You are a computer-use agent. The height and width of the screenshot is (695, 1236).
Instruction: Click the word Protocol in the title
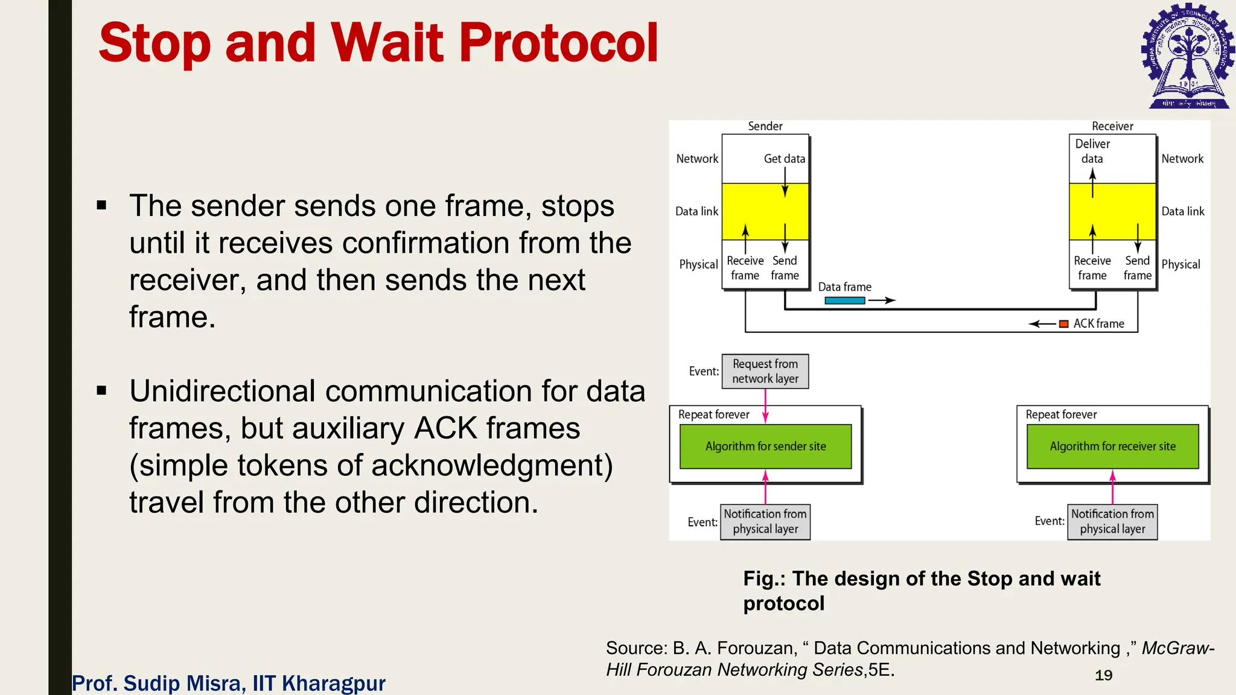coord(558,43)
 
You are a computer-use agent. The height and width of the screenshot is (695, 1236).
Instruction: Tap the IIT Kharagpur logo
coord(1187,56)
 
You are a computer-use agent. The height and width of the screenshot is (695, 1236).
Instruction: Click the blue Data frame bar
coord(844,300)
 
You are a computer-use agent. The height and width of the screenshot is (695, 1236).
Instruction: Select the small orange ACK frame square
coord(1064,324)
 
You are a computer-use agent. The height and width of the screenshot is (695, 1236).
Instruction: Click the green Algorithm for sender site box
coord(765,446)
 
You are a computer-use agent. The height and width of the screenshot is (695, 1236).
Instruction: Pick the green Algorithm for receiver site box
coord(1112,446)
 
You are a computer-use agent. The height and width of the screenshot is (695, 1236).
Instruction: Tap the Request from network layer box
coord(765,371)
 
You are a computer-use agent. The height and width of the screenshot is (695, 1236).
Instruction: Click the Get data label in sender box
coord(784,159)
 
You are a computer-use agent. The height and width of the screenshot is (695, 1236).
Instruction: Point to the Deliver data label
coord(1092,151)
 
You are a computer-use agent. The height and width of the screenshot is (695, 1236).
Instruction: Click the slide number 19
coord(1103,675)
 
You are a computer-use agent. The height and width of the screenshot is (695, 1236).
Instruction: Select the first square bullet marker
coord(101,206)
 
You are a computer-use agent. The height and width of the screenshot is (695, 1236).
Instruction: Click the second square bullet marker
coord(101,391)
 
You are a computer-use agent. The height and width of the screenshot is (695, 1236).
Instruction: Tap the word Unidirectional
coord(221,391)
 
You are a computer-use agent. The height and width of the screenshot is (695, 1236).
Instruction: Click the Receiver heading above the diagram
coord(1112,126)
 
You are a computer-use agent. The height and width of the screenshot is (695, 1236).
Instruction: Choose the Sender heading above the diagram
coord(765,126)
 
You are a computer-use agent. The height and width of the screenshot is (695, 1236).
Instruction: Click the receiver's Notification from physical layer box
coord(1112,521)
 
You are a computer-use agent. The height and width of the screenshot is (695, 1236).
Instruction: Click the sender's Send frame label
coord(785,268)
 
